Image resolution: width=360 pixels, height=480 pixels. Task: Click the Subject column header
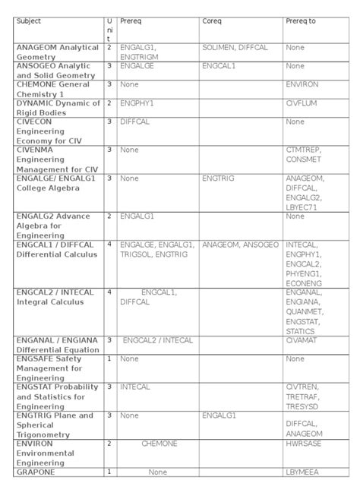tap(30, 21)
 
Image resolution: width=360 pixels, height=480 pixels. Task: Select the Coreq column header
tap(212, 21)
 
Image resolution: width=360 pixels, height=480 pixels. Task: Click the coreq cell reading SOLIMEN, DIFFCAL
tap(235, 47)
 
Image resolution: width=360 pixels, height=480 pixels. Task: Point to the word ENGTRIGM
tap(138, 56)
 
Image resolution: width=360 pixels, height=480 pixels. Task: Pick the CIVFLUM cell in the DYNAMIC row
tap(301, 103)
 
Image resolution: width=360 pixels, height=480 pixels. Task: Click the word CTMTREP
tap(302, 150)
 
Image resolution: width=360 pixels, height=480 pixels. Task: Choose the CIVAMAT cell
tap(302, 340)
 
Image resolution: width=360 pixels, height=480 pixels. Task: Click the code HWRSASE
tap(302, 444)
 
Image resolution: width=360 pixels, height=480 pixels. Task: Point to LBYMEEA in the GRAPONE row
tap(302, 472)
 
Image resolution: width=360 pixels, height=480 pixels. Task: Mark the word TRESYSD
tap(302, 406)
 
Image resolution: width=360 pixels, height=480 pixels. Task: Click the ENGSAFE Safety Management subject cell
tap(53, 368)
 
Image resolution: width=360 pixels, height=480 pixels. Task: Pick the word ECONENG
tap(304, 282)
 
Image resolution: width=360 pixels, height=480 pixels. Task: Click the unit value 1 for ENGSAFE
tap(109, 358)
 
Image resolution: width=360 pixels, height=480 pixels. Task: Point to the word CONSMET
tap(303, 159)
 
